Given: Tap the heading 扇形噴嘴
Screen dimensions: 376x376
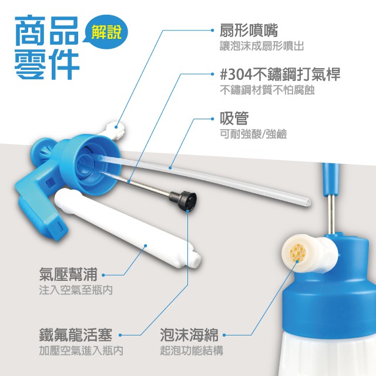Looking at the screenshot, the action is click(249, 31).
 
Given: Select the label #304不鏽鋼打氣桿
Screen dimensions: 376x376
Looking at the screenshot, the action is click(280, 75).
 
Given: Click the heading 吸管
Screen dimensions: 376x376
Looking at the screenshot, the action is click(234, 118).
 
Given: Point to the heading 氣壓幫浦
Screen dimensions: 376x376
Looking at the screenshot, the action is click(68, 274).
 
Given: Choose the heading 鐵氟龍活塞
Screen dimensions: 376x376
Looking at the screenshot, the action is click(76, 335).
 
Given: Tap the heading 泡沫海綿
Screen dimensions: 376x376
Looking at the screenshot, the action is click(189, 335).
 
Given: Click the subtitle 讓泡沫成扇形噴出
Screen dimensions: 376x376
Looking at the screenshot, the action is click(262, 46).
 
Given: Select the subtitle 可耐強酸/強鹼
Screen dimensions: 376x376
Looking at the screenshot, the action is click(253, 134).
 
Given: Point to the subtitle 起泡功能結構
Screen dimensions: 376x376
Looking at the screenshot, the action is click(192, 351).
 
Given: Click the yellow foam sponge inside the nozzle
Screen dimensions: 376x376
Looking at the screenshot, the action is click(298, 253).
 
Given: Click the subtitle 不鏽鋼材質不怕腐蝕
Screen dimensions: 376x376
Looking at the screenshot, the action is click(267, 90).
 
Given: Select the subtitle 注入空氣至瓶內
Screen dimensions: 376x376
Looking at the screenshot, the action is click(76, 290).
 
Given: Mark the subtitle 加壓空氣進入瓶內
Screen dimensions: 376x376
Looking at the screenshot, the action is click(81, 351).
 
